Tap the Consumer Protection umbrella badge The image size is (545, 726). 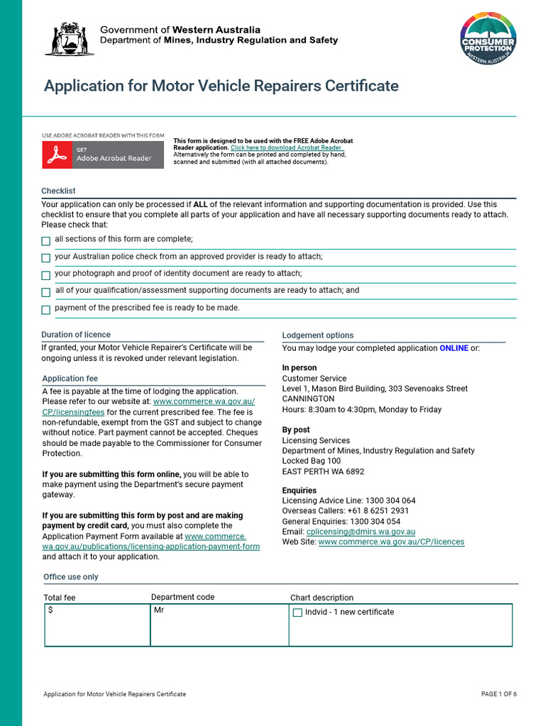tap(488, 39)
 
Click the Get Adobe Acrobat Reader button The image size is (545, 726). tap(103, 155)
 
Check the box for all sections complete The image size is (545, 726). tap(46, 241)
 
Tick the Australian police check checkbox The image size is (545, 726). tap(46, 258)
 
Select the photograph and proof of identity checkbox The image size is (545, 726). tap(46, 275)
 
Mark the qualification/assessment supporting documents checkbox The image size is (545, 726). tap(46, 292)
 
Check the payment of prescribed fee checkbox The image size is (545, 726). tap(46, 310)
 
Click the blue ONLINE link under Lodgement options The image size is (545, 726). tap(453, 348)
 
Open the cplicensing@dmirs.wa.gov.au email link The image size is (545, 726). tap(360, 532)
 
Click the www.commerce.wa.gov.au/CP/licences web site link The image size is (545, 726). tap(391, 542)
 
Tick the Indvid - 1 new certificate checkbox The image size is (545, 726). tap(298, 613)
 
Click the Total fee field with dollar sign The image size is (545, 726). tap(97, 625)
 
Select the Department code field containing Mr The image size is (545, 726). tap(219, 625)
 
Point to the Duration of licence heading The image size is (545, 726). tap(76, 335)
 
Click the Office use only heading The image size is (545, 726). tap(71, 577)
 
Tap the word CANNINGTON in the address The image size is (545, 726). tap(308, 399)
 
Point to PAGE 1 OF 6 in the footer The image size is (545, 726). tap(498, 694)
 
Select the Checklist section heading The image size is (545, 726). tap(58, 191)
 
